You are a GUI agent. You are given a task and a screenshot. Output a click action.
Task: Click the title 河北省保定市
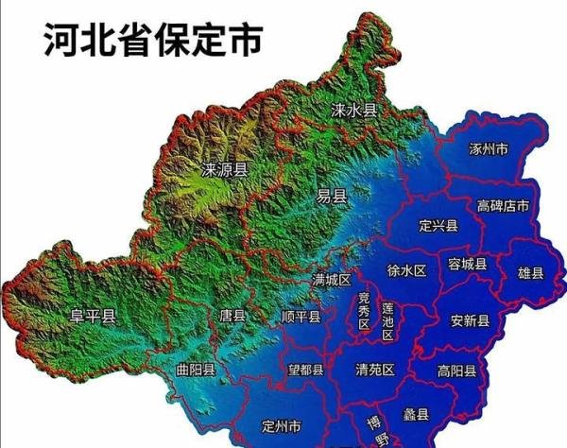point(152,43)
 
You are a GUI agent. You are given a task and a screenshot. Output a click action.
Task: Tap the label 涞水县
point(354,111)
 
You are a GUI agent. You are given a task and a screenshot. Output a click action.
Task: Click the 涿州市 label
point(489,149)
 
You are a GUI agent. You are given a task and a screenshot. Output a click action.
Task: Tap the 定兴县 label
point(438,225)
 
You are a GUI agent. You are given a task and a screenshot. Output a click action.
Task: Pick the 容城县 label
point(467,264)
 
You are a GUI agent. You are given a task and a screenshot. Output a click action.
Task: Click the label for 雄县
point(531,273)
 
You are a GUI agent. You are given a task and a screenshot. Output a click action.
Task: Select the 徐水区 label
point(407,270)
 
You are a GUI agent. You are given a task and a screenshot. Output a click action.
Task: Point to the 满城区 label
point(332,281)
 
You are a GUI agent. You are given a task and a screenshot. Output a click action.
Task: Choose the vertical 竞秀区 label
point(364,312)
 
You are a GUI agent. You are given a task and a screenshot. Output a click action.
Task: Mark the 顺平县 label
point(302,317)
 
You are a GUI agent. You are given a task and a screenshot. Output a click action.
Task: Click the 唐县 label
point(232,316)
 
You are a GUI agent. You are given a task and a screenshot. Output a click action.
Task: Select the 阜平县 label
point(94,317)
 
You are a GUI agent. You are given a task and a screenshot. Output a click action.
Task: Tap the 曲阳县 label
point(196,369)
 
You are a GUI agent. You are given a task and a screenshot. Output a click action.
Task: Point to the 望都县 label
point(305,370)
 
